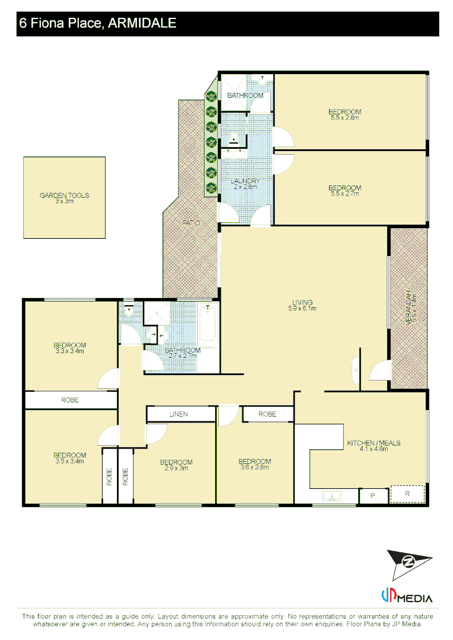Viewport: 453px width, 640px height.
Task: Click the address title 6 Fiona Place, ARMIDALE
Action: [x=98, y=24]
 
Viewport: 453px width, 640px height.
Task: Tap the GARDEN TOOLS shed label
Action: [x=64, y=196]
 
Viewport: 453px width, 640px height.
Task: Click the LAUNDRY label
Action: [x=244, y=181]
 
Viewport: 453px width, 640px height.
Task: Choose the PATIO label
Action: [x=190, y=223]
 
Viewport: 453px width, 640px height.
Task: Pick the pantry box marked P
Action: [x=373, y=495]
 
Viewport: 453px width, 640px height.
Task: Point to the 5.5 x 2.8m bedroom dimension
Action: [x=345, y=117]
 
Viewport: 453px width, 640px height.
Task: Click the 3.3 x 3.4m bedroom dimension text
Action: [x=69, y=351]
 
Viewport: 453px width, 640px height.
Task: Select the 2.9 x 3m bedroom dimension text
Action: [x=176, y=468]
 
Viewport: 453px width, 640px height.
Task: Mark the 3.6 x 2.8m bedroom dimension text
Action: [x=254, y=467]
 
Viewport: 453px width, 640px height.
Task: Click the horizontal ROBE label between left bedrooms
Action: [x=69, y=400]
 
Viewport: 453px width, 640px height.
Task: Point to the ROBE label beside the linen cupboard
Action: [x=267, y=414]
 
